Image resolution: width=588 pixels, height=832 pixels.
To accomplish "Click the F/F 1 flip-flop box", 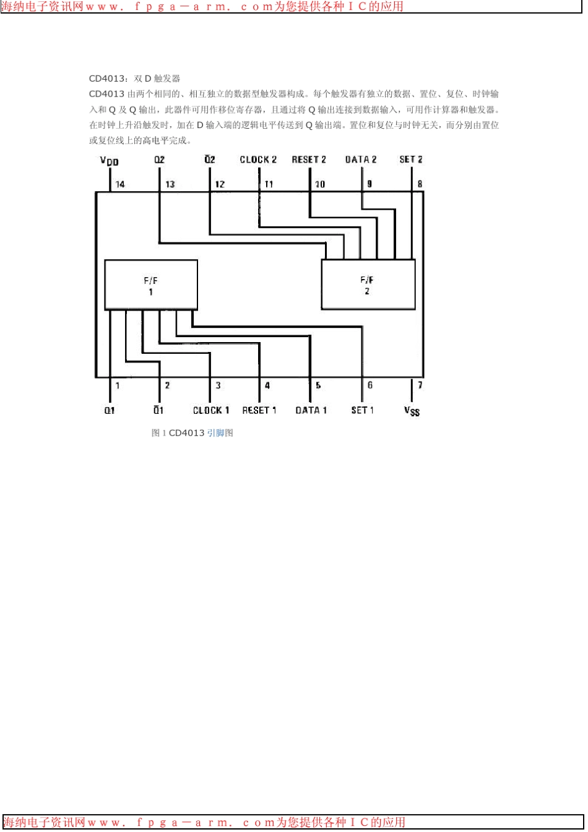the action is (151, 285).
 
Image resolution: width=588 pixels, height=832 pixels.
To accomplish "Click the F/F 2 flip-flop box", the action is (368, 284).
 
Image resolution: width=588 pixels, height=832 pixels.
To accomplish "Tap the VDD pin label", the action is (110, 161).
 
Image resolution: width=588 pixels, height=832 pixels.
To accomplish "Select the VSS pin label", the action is (412, 411).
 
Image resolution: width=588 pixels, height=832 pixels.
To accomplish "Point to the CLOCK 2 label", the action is (258, 160).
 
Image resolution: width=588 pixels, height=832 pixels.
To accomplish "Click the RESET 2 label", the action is (308, 160).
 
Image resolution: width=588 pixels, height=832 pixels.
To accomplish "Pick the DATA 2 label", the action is (360, 160).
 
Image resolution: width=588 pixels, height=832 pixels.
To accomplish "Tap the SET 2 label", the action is (411, 160).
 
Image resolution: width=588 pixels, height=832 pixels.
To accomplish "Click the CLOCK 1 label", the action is (210, 410).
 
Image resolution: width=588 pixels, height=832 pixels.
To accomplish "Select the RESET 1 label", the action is (259, 410).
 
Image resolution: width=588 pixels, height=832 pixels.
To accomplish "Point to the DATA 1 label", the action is (311, 410).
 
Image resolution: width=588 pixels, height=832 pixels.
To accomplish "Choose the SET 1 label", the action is (362, 410).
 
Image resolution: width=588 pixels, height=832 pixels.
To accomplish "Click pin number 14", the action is (120, 184).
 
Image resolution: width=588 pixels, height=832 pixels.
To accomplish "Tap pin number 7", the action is (420, 385).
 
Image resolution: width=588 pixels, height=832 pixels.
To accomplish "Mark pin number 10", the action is (319, 184).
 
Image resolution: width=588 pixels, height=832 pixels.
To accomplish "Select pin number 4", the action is (267, 385).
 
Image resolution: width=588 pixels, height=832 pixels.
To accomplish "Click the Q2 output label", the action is (160, 160).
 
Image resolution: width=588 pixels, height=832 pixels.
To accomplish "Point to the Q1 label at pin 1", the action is (110, 410).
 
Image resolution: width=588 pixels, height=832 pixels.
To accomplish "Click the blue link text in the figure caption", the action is (215, 433).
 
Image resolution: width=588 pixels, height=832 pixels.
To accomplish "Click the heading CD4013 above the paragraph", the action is (106, 79).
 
